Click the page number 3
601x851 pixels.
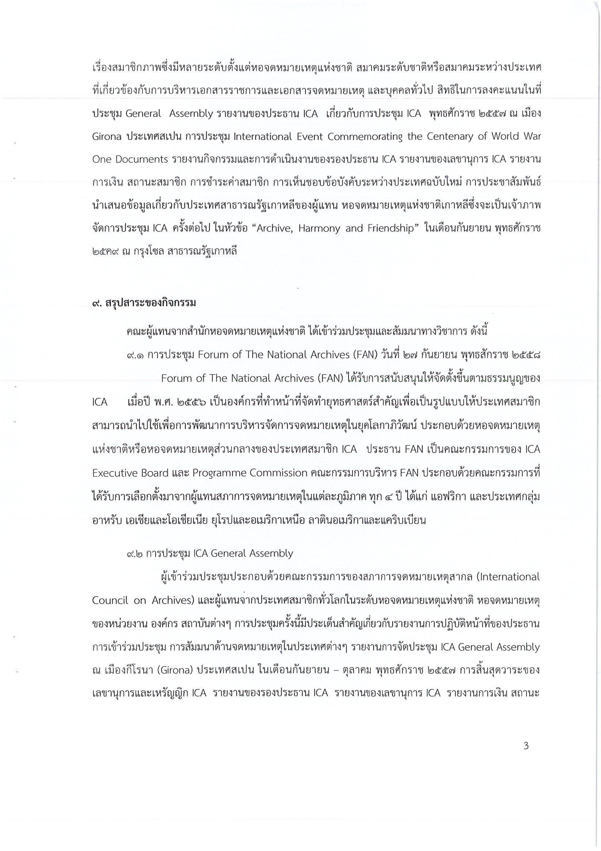(x=526, y=745)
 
